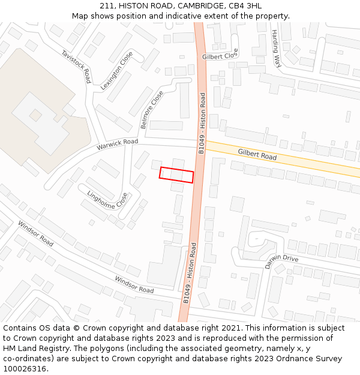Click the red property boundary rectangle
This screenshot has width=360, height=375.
tap(176, 175)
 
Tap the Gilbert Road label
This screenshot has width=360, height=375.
tap(257, 154)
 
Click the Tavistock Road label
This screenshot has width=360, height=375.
tap(76, 66)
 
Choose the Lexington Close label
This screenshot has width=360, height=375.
tap(116, 70)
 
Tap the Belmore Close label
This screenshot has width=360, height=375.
tap(151, 110)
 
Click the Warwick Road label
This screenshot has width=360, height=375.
tap(117, 145)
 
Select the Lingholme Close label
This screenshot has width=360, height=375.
tap(107, 199)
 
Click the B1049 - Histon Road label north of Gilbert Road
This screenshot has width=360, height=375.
tap(202, 123)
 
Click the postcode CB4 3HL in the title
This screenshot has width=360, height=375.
tap(245, 5)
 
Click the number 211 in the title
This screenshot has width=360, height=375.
tap(107, 5)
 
